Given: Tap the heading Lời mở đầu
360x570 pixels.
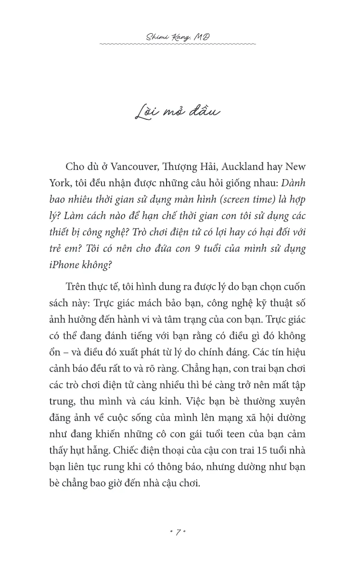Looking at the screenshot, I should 178,112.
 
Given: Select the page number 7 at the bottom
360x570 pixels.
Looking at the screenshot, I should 178,532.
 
